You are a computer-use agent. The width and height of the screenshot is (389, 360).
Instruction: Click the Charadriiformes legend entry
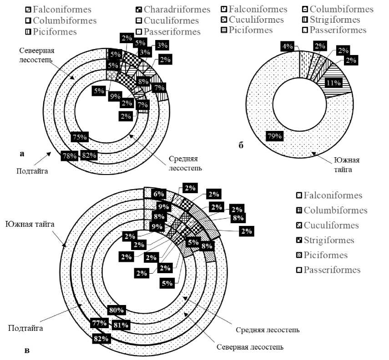177,9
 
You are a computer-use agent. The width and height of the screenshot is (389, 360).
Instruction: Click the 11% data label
334,83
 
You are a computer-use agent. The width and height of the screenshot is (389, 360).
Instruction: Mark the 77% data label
100,324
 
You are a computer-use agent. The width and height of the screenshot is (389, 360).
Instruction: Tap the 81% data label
121,325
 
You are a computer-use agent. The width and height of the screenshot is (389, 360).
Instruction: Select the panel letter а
22,154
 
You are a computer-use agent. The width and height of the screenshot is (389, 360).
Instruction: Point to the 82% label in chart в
101,339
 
